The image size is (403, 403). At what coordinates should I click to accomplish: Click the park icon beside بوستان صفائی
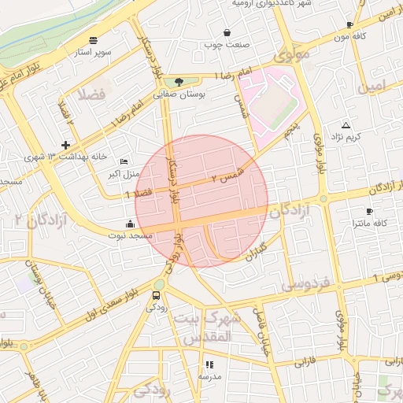(x=180, y=81)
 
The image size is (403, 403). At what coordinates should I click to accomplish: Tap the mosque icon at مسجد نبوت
(x=130, y=223)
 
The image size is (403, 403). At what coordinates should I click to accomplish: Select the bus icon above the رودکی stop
(x=155, y=296)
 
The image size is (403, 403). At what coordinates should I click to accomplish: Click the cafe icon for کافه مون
(x=349, y=25)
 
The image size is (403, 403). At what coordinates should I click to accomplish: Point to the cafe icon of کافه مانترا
(x=369, y=212)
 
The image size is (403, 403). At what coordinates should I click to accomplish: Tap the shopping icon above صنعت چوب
(x=227, y=33)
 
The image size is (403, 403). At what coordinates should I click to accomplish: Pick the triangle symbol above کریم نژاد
(x=346, y=126)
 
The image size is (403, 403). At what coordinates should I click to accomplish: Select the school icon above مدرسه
(x=209, y=364)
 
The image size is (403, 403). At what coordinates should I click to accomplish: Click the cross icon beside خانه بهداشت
(x=65, y=145)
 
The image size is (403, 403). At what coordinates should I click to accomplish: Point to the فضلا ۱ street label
(x=139, y=193)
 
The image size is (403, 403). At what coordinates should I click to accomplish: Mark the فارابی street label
(x=305, y=364)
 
